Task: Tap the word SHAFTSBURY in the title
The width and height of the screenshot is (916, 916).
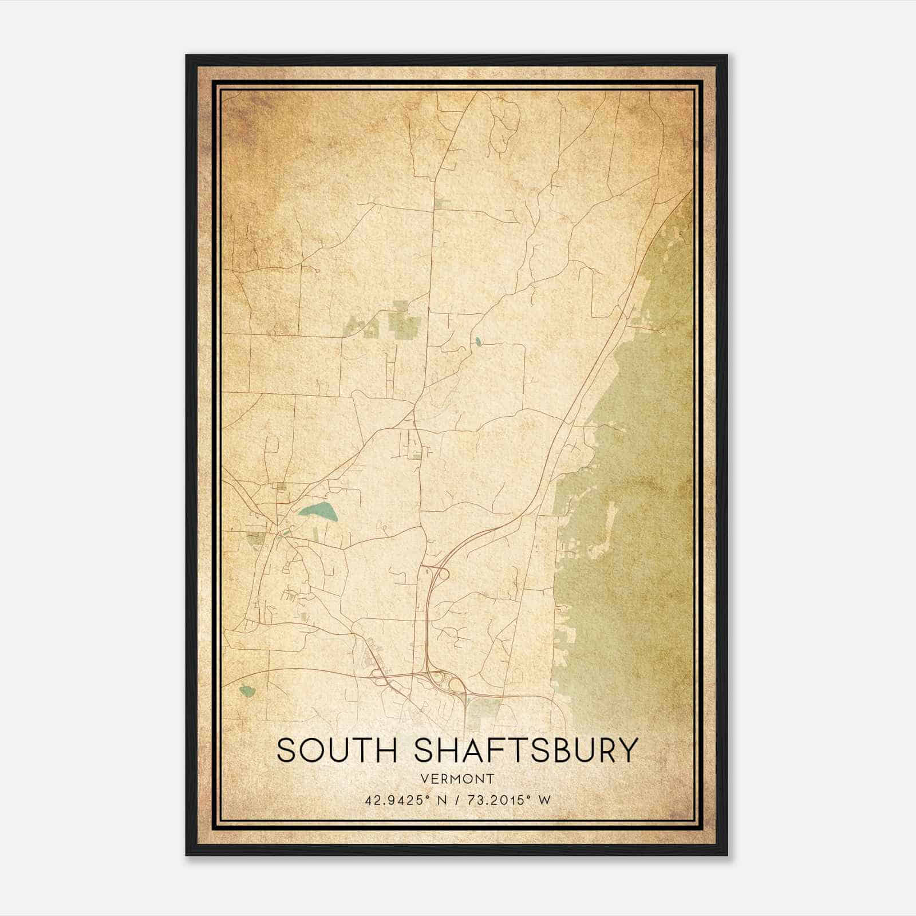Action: point(525,751)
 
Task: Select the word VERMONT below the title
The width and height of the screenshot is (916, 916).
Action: point(457,779)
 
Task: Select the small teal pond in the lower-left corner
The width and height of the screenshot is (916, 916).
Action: point(247,691)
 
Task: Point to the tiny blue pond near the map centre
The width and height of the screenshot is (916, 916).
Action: point(477,342)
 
